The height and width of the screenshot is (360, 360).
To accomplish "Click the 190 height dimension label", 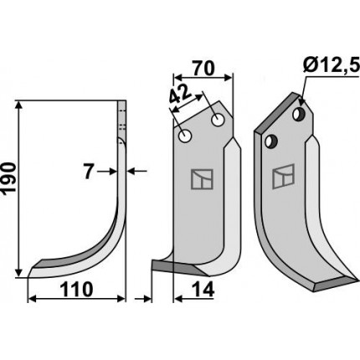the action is pos(9,179).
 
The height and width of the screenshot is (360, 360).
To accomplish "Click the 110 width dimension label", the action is pos(77,290).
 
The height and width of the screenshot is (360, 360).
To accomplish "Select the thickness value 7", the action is pos(89,172).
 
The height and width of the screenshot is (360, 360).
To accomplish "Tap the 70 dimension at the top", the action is pos(203,68).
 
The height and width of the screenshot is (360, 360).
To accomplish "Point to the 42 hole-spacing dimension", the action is pos(181,96).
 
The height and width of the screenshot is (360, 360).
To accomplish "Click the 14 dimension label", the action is pos(203,290).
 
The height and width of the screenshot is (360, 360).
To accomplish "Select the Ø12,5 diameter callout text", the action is pos(330,67).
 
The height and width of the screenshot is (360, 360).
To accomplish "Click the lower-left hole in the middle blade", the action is pos(185,136).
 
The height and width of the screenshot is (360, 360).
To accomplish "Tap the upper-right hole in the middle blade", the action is pos(219,120).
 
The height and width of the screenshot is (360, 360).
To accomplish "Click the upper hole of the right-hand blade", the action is pos(300,113).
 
